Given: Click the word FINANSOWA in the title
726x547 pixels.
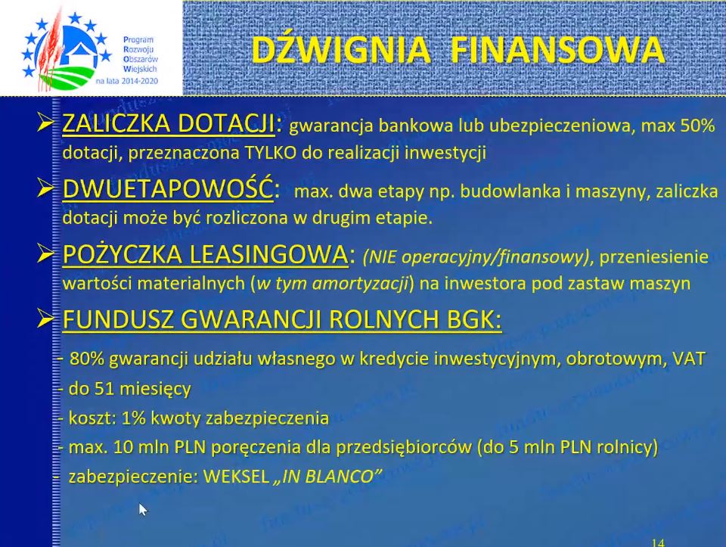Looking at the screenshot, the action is pyautogui.click(x=558, y=49).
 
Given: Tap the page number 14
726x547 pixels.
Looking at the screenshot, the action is pyautogui.click(x=657, y=542).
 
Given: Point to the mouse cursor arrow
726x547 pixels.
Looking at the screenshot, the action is pyautogui.click(x=143, y=509).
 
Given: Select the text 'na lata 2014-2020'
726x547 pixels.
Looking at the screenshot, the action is pyautogui.click(x=127, y=81).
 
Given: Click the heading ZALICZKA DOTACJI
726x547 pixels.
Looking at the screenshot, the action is pyautogui.click(x=169, y=123).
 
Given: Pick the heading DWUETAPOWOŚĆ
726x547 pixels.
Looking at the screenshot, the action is pyautogui.click(x=168, y=189).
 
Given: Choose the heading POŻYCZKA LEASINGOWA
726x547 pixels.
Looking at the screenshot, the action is pyautogui.click(x=205, y=254).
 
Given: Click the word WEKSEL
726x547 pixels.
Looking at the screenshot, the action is pyautogui.click(x=236, y=477).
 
